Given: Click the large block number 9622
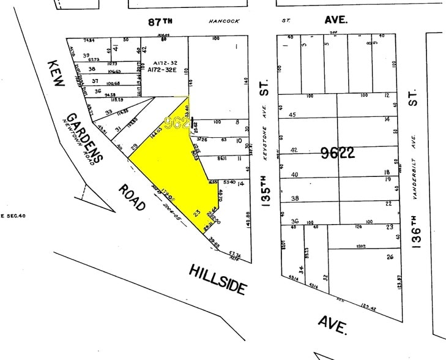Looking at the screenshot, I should pyautogui.click(x=338, y=153).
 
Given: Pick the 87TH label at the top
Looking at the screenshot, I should pyautogui.click(x=161, y=21).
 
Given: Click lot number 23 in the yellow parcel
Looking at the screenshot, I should pyautogui.click(x=196, y=213).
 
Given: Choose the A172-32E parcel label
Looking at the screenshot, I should pyautogui.click(x=162, y=70).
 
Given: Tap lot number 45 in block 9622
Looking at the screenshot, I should pyautogui.click(x=292, y=114).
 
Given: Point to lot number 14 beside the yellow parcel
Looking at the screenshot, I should pyautogui.click(x=241, y=183).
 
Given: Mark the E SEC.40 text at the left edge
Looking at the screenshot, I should pyautogui.click(x=12, y=216).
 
